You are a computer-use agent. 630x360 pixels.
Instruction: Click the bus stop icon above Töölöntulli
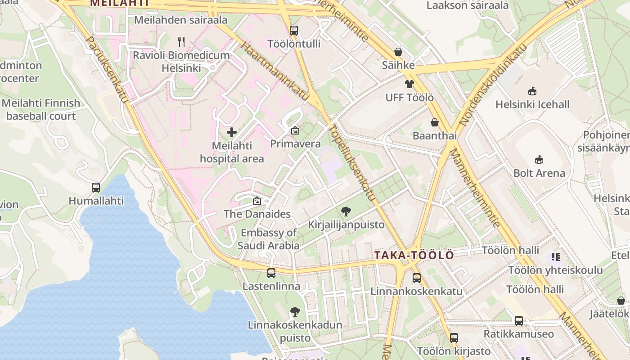coord(294,31)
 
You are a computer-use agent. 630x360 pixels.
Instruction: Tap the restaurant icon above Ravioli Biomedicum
coord(181,42)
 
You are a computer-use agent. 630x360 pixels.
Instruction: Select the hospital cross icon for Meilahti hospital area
coord(232,132)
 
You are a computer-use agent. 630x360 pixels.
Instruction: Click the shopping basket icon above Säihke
coord(398,52)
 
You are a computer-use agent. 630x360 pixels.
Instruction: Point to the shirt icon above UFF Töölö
coord(409,84)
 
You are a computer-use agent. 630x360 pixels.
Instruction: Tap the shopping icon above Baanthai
coord(435,122)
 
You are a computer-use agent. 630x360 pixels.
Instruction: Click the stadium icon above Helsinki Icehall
coord(532,91)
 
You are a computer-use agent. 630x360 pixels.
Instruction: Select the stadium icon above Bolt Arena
coord(539,159)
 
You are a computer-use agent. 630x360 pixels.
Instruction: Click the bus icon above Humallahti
coord(96,187)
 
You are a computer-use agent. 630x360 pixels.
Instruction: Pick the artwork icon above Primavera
coord(295,131)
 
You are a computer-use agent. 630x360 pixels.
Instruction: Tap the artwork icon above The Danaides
coord(257,201)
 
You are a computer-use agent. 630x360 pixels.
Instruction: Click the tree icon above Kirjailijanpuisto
coord(346,211)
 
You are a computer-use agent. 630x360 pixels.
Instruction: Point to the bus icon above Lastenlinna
coord(271,273)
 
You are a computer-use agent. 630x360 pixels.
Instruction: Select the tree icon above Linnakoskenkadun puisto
coord(295,311)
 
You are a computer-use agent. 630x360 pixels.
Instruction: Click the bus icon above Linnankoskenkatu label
coord(416,278)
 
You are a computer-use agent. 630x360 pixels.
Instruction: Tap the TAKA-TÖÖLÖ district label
coord(414,255)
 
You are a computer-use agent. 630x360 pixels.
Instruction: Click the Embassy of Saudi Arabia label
coord(269,239)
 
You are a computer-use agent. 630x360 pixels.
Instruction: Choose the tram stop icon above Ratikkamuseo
coord(519,321)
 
